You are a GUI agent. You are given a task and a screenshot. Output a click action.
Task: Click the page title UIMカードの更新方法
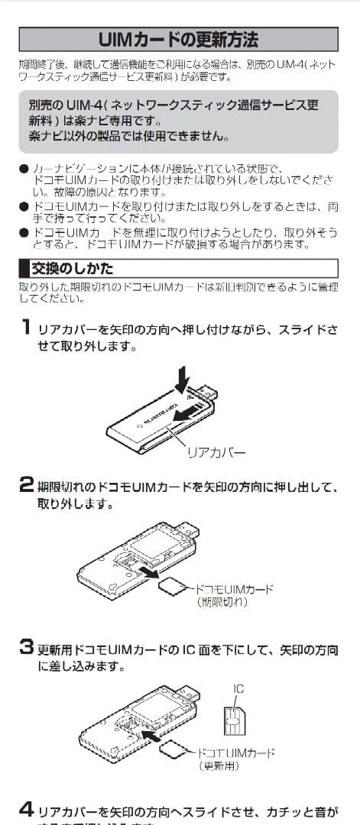click(179, 39)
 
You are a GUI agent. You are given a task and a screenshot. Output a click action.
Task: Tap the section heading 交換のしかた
click(73, 268)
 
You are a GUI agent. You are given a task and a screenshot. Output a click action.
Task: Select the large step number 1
click(25, 328)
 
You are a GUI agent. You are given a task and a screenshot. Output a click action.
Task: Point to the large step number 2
click(26, 484)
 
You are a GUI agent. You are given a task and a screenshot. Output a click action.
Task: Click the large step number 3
click(26, 649)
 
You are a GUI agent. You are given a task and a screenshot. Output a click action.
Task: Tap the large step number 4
click(26, 808)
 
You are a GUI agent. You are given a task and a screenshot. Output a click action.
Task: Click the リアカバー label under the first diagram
click(216, 452)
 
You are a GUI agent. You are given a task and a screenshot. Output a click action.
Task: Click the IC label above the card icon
click(238, 689)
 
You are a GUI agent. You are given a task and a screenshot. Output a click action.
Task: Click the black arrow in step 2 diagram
click(151, 571)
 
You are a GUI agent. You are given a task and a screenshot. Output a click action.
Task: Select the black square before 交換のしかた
click(23, 268)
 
